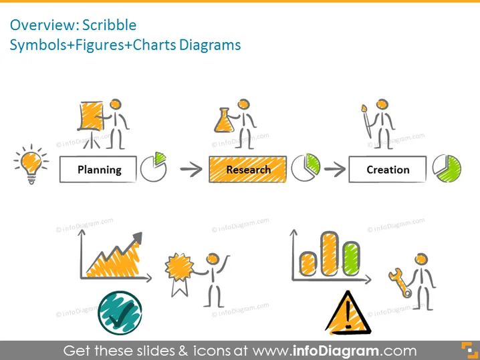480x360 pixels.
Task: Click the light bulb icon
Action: click(31, 164)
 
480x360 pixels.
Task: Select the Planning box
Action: click(98, 170)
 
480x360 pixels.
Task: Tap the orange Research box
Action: click(247, 170)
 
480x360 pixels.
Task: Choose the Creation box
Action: click(388, 170)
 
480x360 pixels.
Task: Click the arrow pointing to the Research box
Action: click(191, 169)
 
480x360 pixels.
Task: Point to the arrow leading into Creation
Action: click(334, 169)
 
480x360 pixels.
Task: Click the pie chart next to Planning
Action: click(153, 167)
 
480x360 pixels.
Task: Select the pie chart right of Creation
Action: click(447, 168)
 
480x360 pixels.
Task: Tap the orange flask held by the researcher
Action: click(224, 121)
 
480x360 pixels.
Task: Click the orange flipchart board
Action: click(91, 116)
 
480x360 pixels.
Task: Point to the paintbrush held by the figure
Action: click(367, 122)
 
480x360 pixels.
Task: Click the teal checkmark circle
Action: click(120, 313)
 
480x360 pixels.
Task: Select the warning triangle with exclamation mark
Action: click(348, 313)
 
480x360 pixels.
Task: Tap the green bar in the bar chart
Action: click(351, 258)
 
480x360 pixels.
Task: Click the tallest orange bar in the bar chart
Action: click(330, 253)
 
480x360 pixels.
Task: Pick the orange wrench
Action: click(400, 283)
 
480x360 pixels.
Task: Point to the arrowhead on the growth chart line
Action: click(138, 237)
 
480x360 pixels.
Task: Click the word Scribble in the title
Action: click(109, 25)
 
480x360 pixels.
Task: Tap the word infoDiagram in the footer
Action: click(336, 351)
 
